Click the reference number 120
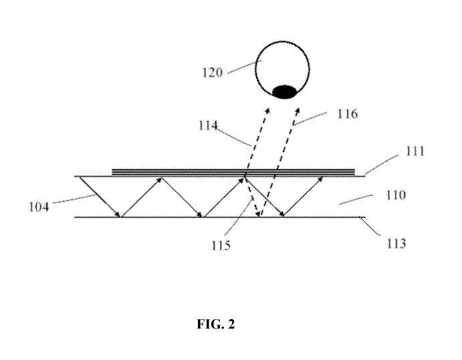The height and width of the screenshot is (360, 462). click(x=212, y=72)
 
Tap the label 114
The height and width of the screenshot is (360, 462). click(x=208, y=126)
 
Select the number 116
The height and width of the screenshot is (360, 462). click(x=348, y=114)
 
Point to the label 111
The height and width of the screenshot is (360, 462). click(x=415, y=151)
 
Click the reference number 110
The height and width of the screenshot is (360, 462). click(x=396, y=195)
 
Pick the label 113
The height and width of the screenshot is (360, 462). click(x=396, y=244)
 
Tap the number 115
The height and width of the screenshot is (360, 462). click(x=221, y=245)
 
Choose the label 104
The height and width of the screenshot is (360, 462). click(x=39, y=207)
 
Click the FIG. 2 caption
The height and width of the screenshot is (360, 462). click(x=216, y=324)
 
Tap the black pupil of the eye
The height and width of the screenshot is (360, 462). click(x=283, y=92)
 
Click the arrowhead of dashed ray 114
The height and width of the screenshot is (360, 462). click(x=268, y=110)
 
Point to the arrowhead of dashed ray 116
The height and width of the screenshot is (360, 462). click(x=298, y=110)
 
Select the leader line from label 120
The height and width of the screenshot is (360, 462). click(x=241, y=67)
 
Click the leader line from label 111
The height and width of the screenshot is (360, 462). click(x=381, y=165)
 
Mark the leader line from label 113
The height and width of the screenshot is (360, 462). click(x=371, y=226)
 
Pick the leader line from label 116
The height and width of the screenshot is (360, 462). click(x=310, y=118)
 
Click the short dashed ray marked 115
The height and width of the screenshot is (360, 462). click(x=251, y=197)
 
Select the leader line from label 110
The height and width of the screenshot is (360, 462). click(x=356, y=199)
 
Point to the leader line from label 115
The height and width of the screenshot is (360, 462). click(x=239, y=217)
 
